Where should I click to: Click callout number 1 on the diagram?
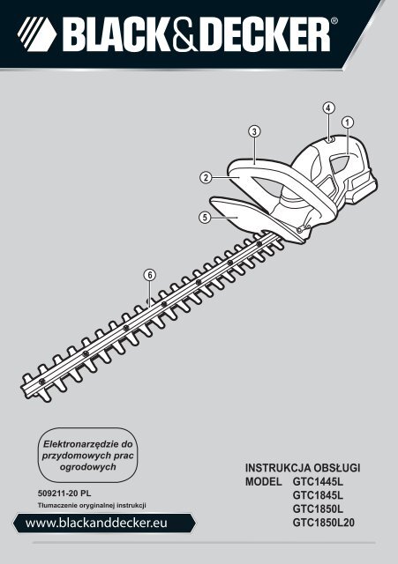[x=348, y=122]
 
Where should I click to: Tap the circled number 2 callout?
[x=206, y=177]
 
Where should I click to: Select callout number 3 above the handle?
[x=254, y=131]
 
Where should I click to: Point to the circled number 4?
[x=328, y=108]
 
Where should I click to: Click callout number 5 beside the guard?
[x=205, y=218]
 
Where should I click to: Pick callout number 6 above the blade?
[x=150, y=276]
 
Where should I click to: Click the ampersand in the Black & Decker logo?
[x=184, y=35]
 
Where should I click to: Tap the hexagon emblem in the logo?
[x=37, y=34]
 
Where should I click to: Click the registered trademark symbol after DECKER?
[x=334, y=21]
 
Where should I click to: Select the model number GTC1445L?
[x=318, y=481]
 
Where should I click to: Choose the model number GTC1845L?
[x=318, y=495]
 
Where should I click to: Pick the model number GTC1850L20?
[x=324, y=523]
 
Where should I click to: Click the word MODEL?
[x=263, y=481]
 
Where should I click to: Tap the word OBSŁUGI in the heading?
[x=337, y=468]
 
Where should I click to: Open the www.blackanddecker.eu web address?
[x=96, y=523]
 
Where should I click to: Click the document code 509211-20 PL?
[x=64, y=493]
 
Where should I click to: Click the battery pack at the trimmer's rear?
[x=363, y=188]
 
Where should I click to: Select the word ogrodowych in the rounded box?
[x=88, y=467]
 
